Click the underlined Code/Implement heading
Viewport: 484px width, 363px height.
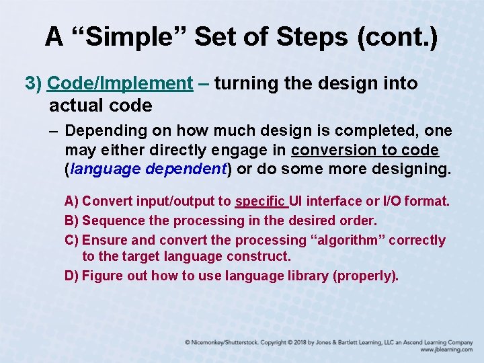120,84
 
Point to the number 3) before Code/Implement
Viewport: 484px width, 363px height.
34,84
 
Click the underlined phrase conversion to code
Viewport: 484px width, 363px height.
365,150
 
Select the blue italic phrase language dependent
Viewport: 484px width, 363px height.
149,169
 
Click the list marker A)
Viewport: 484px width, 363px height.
72,201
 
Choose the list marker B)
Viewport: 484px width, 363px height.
72,220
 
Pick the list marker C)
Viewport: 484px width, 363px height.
72,240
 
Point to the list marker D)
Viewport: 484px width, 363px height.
72,276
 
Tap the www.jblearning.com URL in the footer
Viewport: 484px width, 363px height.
446,350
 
